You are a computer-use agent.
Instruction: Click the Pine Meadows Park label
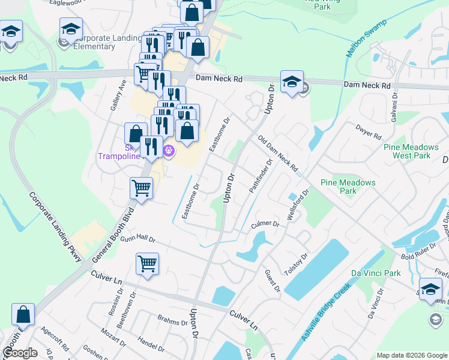point(348,187)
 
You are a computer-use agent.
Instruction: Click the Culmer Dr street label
point(265,224)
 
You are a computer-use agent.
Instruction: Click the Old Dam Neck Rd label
point(277,154)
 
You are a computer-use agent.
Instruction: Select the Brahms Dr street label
point(173,322)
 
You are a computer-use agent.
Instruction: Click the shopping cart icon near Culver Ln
point(147,263)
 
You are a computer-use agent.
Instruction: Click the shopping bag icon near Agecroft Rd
point(23,314)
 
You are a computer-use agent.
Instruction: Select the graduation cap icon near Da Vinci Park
point(430,288)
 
